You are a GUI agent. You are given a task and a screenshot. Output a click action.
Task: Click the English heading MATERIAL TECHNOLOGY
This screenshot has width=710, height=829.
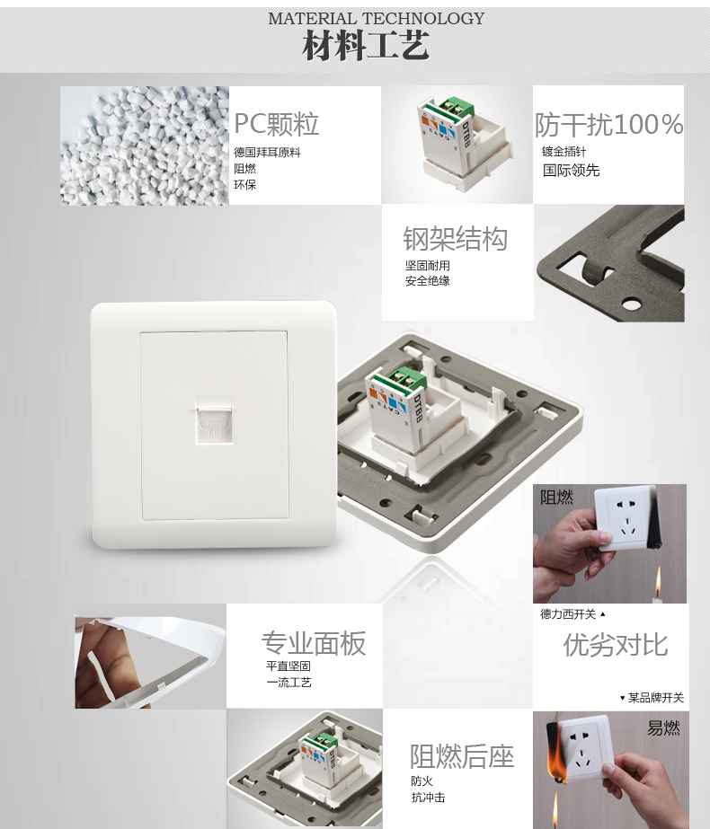coord(377,19)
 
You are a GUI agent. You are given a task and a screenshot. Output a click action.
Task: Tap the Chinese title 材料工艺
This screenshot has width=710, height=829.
coord(365,46)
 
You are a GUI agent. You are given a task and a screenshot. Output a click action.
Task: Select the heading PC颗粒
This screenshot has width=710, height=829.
coord(276,124)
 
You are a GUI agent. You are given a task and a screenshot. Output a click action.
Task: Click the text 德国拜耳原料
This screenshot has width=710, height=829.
coord(267,153)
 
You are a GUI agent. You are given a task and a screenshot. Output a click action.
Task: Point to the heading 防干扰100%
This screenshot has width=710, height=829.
coord(608,125)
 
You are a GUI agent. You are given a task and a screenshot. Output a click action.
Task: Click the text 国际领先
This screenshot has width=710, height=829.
coord(571,171)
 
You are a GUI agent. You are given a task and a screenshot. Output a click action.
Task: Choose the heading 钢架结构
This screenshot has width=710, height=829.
coord(455,238)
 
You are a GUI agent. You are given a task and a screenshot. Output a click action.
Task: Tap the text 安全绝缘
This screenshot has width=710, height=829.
coord(428,281)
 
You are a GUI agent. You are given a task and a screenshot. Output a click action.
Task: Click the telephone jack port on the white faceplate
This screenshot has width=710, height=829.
coord(213,424)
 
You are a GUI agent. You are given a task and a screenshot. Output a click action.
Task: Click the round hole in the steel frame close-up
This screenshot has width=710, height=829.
coord(631,304)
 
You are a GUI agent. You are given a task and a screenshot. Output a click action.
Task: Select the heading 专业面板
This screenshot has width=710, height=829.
coord(314,643)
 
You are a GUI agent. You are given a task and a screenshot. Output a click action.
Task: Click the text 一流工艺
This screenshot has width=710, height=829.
coord(288,683)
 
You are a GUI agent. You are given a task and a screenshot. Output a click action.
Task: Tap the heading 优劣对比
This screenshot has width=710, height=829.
coord(616,645)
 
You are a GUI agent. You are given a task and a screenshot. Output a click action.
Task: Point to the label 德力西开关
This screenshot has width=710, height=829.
coord(568,613)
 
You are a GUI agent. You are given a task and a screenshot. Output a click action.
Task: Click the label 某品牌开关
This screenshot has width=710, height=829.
coord(656,698)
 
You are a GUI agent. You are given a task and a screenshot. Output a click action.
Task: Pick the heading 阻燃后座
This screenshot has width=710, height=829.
coord(462,756)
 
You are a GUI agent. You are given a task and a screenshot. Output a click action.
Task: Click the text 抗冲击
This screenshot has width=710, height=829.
coord(428,798)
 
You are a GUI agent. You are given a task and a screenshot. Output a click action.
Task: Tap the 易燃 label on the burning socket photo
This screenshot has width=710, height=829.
coord(663,728)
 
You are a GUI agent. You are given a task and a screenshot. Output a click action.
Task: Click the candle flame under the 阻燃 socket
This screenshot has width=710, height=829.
coord(658,581)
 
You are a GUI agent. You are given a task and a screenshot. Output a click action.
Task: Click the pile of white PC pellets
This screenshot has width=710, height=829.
coord(145,146)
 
